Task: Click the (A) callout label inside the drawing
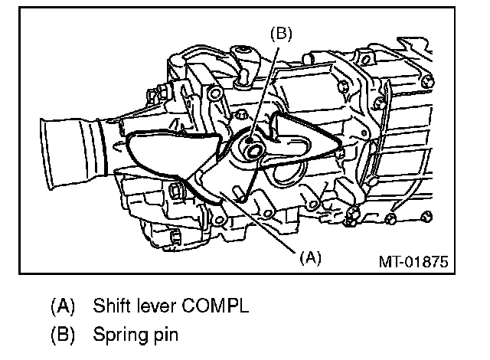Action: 309,258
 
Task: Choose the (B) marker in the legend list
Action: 63,335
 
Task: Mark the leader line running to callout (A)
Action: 260,222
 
